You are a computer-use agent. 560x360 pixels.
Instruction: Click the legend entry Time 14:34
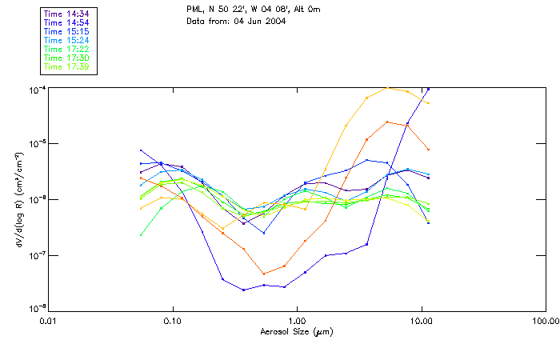(x=66, y=14)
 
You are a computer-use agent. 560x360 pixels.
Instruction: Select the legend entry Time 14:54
(x=66, y=22)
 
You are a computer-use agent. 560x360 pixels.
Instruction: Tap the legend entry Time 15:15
(x=66, y=31)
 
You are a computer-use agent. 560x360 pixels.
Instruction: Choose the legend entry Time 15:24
(x=66, y=40)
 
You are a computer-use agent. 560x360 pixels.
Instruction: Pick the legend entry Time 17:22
(x=66, y=50)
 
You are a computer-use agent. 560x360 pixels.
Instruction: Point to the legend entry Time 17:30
(x=66, y=58)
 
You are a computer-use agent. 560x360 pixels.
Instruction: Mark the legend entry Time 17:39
(x=66, y=67)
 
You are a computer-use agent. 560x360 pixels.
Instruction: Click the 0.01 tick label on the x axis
(x=47, y=320)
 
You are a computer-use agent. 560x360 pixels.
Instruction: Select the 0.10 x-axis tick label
(x=172, y=320)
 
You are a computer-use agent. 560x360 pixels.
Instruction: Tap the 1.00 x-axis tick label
(x=297, y=320)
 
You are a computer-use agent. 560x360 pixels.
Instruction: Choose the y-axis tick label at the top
(x=37, y=90)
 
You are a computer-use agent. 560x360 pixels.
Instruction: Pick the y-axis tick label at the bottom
(x=37, y=307)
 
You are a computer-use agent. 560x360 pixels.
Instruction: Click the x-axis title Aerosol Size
(x=297, y=331)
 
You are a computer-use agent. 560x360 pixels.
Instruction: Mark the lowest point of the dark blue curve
(x=243, y=290)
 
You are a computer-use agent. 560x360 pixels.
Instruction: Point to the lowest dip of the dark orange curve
(x=263, y=274)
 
